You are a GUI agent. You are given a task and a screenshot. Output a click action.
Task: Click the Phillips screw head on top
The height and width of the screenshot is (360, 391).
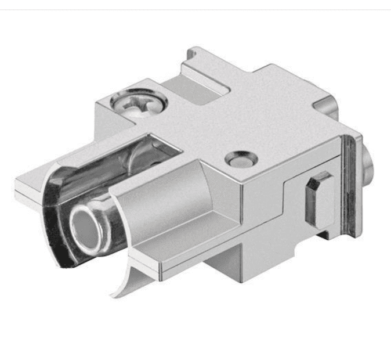pyautogui.click(x=139, y=103)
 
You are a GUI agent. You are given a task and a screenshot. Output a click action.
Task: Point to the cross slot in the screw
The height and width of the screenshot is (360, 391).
pyautogui.click(x=139, y=102)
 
